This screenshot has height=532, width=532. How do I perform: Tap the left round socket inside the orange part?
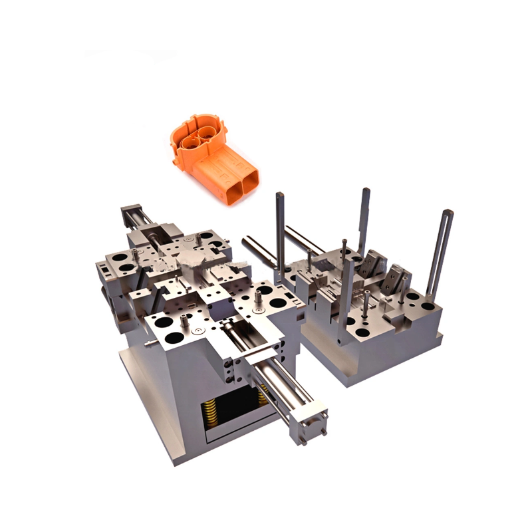[x=192, y=138]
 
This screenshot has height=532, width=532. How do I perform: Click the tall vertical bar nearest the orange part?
[x=280, y=233]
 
